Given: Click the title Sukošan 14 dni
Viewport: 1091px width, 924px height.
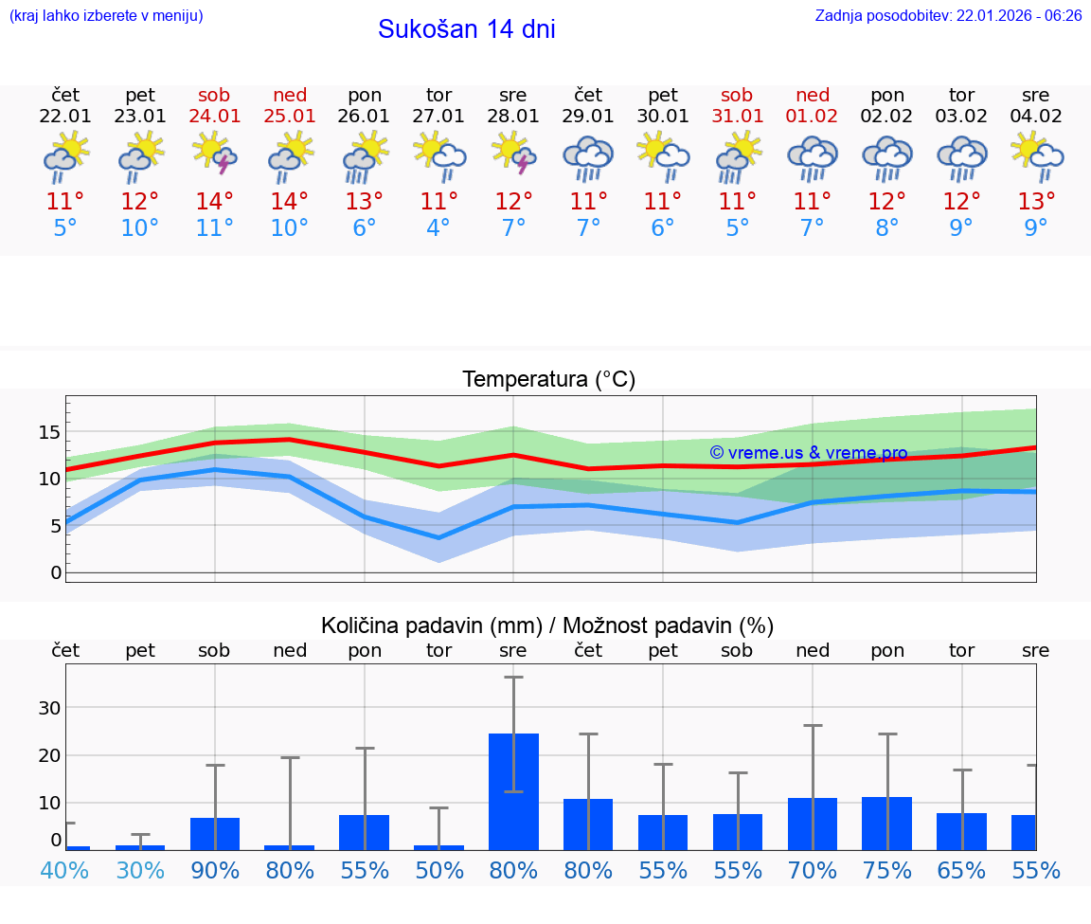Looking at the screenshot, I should pos(466,29).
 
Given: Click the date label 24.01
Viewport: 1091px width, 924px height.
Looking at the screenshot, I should pos(214,117).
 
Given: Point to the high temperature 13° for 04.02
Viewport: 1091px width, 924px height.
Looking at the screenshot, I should pos(1036,201).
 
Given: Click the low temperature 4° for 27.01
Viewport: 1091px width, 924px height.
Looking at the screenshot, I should pos(438,227).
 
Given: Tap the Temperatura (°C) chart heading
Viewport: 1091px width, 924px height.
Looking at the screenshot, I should pos(548,380).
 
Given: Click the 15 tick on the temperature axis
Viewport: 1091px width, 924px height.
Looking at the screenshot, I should pos(49,432).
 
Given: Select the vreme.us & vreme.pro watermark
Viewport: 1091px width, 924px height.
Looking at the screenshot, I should pos(809,453).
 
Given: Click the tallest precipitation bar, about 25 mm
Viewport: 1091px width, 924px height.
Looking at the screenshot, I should pos(513,790).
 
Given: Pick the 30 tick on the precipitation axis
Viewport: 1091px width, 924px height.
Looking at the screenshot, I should pos(49,708).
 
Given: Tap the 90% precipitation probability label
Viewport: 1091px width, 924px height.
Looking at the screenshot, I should pos(215,870).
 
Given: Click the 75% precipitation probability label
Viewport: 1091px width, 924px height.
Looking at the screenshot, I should pos(887,870).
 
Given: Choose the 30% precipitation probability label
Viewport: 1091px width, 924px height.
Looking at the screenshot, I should pos(140,870).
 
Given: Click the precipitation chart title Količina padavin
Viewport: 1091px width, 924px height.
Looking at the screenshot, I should pos(547,625).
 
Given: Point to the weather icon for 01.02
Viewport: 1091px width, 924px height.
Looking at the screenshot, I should pos(813,157).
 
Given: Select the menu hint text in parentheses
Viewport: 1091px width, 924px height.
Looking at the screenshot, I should pos(106,15).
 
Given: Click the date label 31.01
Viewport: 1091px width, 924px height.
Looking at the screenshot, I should pos(737,117).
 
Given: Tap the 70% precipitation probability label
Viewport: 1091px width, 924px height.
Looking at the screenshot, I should pos(813,870).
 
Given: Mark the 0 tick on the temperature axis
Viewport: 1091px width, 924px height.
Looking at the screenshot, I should pos(55,572).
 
